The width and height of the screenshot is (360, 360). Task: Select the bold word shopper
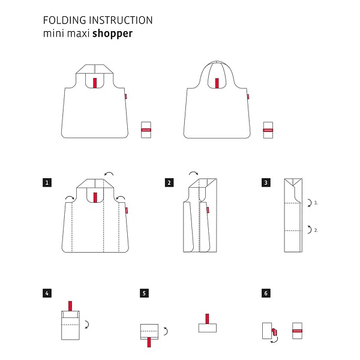pos(112,34)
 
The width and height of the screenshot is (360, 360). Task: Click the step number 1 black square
pos(47,181)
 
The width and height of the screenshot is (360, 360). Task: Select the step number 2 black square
pos(169,181)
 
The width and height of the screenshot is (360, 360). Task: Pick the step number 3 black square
pos(265,181)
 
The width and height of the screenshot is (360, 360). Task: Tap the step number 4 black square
pos(47,293)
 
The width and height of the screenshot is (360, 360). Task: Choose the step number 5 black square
pos(144,293)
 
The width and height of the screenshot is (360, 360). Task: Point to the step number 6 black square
pos(265,293)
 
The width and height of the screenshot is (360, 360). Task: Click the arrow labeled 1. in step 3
pos(309,203)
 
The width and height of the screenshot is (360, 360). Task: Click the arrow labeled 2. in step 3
pos(309,229)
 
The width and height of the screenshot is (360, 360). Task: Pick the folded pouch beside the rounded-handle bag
pos(268,130)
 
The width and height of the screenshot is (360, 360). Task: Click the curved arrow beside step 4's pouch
pos(88,324)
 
